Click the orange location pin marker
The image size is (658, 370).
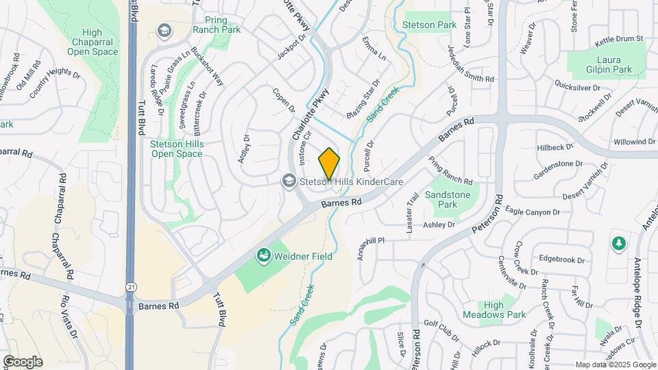(x=329, y=164)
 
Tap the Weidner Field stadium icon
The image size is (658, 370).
(x=263, y=256)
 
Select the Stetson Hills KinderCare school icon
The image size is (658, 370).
(x=289, y=181)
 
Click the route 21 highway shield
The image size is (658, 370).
(x=130, y=287)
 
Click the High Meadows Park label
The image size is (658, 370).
(x=504, y=310)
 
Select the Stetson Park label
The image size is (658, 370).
(x=430, y=25)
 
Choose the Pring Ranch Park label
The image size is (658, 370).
(x=221, y=25)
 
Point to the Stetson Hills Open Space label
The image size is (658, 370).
(x=176, y=149)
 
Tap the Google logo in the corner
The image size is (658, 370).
(x=23, y=362)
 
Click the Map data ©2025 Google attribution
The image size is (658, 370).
(x=615, y=365)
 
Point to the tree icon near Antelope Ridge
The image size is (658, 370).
(x=618, y=244)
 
